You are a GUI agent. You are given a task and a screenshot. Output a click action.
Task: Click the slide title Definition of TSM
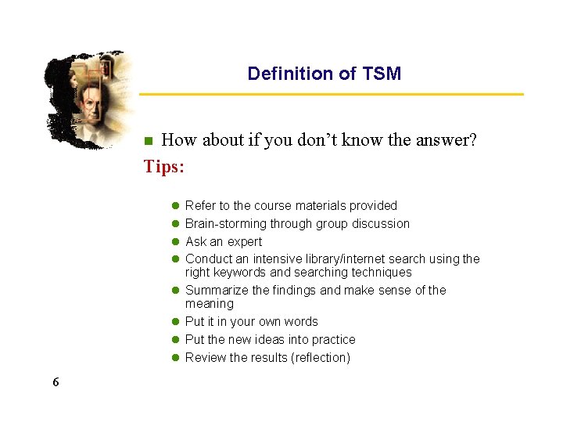point(324,74)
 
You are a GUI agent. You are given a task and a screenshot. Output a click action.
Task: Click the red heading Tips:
point(164,167)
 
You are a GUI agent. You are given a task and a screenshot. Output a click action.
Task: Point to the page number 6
point(56,382)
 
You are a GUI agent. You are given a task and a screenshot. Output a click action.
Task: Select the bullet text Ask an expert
point(224,241)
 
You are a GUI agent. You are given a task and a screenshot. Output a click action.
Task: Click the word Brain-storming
point(221,223)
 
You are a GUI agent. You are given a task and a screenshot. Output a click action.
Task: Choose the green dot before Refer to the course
point(176,206)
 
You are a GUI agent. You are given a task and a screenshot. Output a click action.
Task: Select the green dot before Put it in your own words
point(176,322)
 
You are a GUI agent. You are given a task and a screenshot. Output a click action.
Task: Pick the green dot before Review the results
point(176,358)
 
